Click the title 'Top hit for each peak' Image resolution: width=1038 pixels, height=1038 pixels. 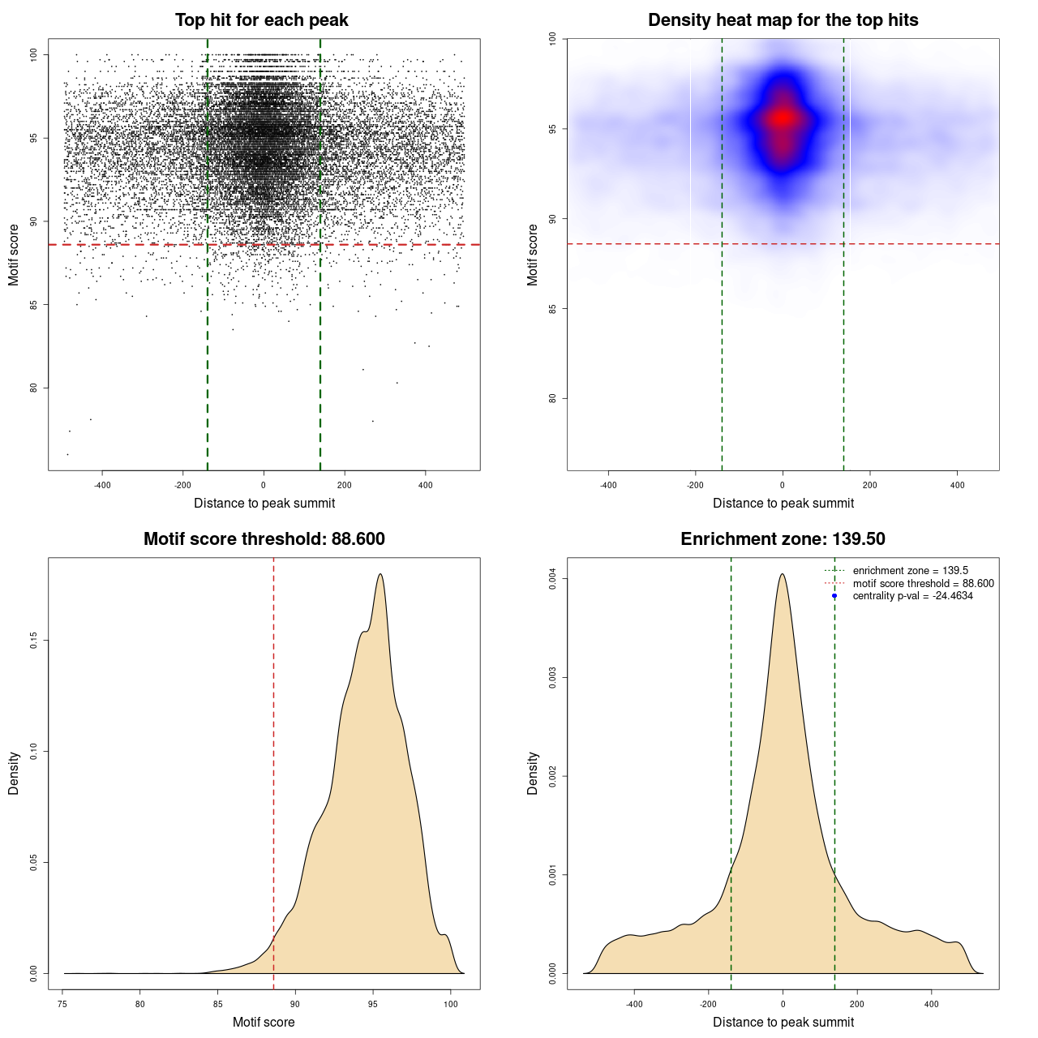point(262,20)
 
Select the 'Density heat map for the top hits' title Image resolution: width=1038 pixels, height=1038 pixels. point(783,20)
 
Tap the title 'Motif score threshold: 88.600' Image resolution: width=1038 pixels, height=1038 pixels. point(264,539)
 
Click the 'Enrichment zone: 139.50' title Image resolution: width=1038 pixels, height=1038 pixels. point(783,539)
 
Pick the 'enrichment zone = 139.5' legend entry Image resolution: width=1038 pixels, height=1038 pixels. point(910,571)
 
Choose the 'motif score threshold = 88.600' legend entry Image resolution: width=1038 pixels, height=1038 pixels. point(923,584)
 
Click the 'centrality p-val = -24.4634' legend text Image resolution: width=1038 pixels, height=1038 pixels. point(912,596)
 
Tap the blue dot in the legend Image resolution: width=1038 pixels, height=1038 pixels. point(834,596)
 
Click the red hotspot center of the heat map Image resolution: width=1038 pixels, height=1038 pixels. point(782,118)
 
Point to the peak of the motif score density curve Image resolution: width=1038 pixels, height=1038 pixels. point(380,574)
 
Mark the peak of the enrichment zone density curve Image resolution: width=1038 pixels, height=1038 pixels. point(782,574)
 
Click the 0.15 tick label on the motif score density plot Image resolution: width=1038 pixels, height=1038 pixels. point(33,641)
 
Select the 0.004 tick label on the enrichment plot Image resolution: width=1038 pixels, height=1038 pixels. point(552,578)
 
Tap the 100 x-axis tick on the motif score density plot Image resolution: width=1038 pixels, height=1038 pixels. point(451,1004)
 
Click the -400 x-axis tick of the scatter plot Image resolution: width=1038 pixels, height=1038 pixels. point(102,485)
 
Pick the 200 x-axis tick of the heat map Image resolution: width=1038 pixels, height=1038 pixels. point(869,485)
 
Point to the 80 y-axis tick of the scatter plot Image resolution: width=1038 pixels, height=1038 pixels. point(33,388)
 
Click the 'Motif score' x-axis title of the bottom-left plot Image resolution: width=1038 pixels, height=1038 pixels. point(264,1022)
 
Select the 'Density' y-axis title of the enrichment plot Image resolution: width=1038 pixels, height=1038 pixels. point(533,773)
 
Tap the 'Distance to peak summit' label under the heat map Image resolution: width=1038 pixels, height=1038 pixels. point(783,503)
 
